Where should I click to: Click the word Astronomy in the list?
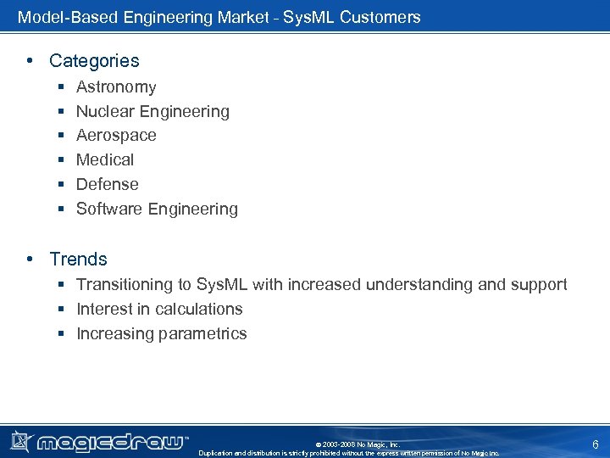pos(116,87)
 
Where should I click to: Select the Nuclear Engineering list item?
pos(152,112)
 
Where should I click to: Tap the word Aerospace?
pos(116,136)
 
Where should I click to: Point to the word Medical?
pos(105,160)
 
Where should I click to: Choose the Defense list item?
pos(108,185)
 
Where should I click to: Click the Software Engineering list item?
pos(157,209)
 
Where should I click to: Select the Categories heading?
pos(94,61)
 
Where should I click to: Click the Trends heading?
pos(78,260)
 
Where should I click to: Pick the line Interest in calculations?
pos(159,310)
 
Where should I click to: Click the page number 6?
pos(595,444)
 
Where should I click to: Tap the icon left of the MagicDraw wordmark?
pos(21,441)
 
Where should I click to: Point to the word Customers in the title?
pos(380,17)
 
